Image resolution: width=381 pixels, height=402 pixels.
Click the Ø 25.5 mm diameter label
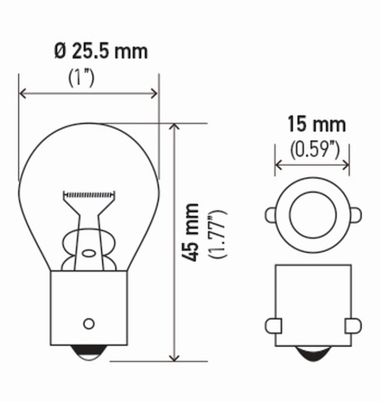[101, 51]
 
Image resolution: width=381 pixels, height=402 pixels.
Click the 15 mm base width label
[316, 125]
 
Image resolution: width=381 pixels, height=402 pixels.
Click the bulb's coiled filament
[89, 195]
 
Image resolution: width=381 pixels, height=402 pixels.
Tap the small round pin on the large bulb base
[88, 323]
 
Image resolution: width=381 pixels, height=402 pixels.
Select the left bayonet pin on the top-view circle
[270, 215]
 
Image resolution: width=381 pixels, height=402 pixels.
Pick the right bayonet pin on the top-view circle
[355, 215]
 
